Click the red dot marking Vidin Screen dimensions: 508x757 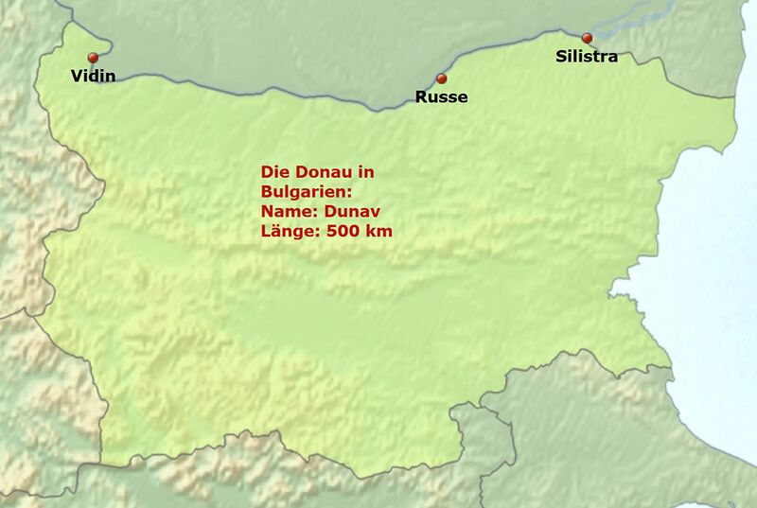click(93, 58)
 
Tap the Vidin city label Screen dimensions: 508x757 click(94, 77)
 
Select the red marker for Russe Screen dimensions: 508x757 click(441, 79)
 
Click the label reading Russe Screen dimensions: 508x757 click(442, 96)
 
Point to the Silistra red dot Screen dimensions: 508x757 click(587, 38)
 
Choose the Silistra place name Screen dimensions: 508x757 click(587, 57)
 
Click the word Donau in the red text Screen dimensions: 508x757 click(317, 173)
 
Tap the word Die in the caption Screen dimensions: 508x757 click(273, 173)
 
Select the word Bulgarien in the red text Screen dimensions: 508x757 click(302, 192)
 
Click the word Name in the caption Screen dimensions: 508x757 click(283, 212)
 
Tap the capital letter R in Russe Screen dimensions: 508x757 click(422, 96)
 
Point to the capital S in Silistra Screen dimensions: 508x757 click(559, 57)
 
